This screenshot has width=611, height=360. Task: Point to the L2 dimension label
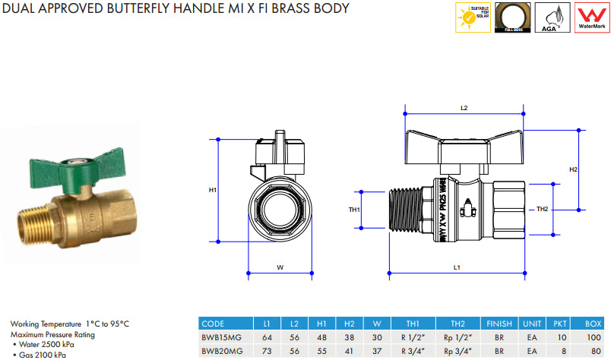click(464, 109)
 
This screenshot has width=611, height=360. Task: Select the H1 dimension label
click(214, 190)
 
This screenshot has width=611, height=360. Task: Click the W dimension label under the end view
click(280, 267)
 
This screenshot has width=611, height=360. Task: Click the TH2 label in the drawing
click(542, 209)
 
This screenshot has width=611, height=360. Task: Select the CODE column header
click(214, 324)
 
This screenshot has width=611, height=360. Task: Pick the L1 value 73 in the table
click(267, 352)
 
